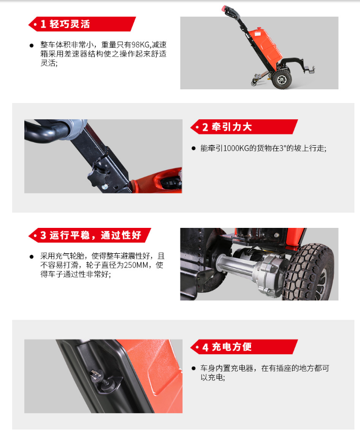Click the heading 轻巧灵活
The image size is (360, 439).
[69, 24]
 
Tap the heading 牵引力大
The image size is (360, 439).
[232, 127]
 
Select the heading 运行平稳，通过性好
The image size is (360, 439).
[95, 235]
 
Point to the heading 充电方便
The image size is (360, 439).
[232, 347]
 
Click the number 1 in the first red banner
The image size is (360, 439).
[43, 24]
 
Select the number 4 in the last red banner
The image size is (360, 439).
[205, 347]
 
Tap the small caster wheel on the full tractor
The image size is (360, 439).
[255, 82]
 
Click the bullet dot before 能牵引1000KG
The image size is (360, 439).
[194, 148]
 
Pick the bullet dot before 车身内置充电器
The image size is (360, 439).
[194, 368]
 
